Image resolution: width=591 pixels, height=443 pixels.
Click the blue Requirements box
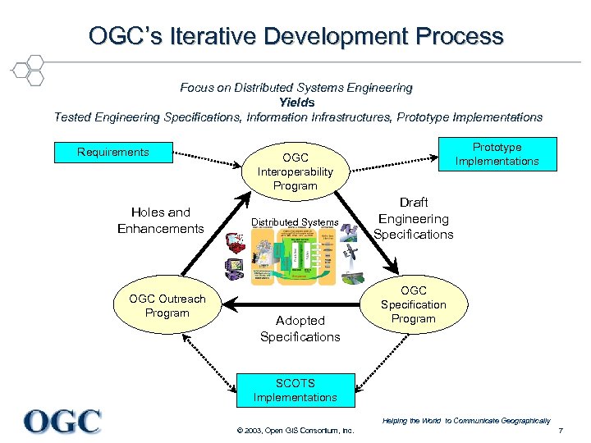[113, 153]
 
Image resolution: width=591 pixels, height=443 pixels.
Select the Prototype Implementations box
[497, 153]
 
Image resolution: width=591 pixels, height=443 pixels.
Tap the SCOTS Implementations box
[295, 390]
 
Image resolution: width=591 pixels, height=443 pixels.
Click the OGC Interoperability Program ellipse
[295, 171]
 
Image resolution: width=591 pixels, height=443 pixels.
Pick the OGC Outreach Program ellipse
[167, 306]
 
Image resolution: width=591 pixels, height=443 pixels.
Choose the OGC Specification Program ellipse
[414, 304]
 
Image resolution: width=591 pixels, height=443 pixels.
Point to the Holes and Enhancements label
[160, 221]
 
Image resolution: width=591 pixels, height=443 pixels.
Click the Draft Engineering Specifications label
[413, 218]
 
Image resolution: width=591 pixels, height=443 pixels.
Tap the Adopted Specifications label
[300, 328]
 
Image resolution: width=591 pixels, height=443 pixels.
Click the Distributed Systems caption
[295, 222]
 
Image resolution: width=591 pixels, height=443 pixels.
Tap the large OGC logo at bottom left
[62, 421]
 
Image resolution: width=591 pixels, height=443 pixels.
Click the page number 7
[561, 432]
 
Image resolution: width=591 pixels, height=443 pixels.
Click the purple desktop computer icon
[234, 267]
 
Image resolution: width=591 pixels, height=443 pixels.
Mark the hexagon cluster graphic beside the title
[26, 70]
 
